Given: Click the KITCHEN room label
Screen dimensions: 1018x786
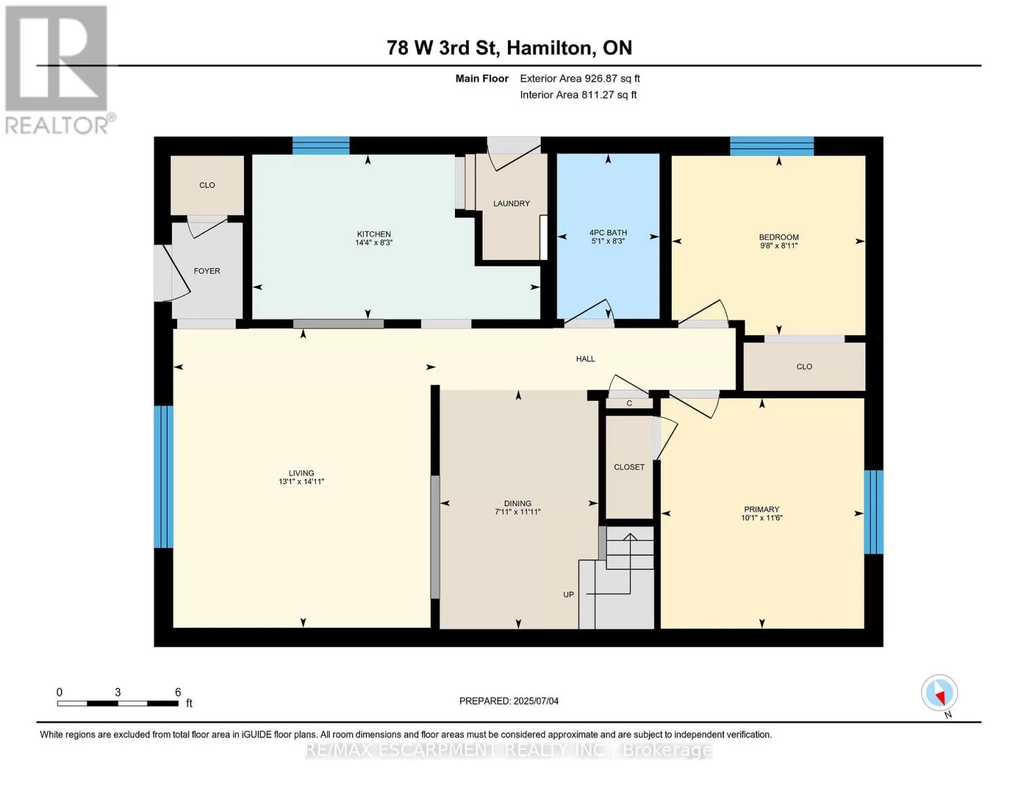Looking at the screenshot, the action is pyautogui.click(x=374, y=234).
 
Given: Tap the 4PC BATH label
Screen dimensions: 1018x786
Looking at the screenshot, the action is pyautogui.click(x=608, y=233).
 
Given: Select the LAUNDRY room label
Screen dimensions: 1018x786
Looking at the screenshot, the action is pyautogui.click(x=511, y=204).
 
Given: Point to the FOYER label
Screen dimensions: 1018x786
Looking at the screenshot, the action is pyautogui.click(x=206, y=271).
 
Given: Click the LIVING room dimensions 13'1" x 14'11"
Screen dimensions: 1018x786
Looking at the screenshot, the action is pyautogui.click(x=302, y=481).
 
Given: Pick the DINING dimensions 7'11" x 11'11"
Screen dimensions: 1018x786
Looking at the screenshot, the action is pyautogui.click(x=518, y=512).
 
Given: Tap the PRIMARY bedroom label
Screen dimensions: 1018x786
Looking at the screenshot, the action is pyautogui.click(x=762, y=510).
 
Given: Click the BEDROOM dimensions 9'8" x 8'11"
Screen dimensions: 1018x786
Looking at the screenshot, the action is pyautogui.click(x=779, y=246).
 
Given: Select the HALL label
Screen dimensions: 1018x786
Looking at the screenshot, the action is pyautogui.click(x=585, y=359).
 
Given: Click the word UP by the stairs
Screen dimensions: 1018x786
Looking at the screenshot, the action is pyautogui.click(x=568, y=595).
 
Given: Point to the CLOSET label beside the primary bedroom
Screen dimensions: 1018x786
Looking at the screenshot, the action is pyautogui.click(x=629, y=467).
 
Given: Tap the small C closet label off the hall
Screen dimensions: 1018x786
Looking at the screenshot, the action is pyautogui.click(x=629, y=403).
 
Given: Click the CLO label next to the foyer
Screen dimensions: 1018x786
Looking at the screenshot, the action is pyautogui.click(x=207, y=185).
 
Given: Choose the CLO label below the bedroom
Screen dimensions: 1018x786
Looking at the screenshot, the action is pyautogui.click(x=804, y=367).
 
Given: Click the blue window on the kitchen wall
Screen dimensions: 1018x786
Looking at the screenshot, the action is pyautogui.click(x=321, y=145).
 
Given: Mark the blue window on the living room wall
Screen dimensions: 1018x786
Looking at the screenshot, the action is pyautogui.click(x=163, y=477).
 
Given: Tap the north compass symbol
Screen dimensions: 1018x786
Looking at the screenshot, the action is pyautogui.click(x=939, y=693).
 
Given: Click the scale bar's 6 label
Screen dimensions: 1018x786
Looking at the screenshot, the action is pyautogui.click(x=178, y=692).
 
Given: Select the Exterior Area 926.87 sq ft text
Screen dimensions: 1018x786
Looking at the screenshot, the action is pyautogui.click(x=579, y=79).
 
